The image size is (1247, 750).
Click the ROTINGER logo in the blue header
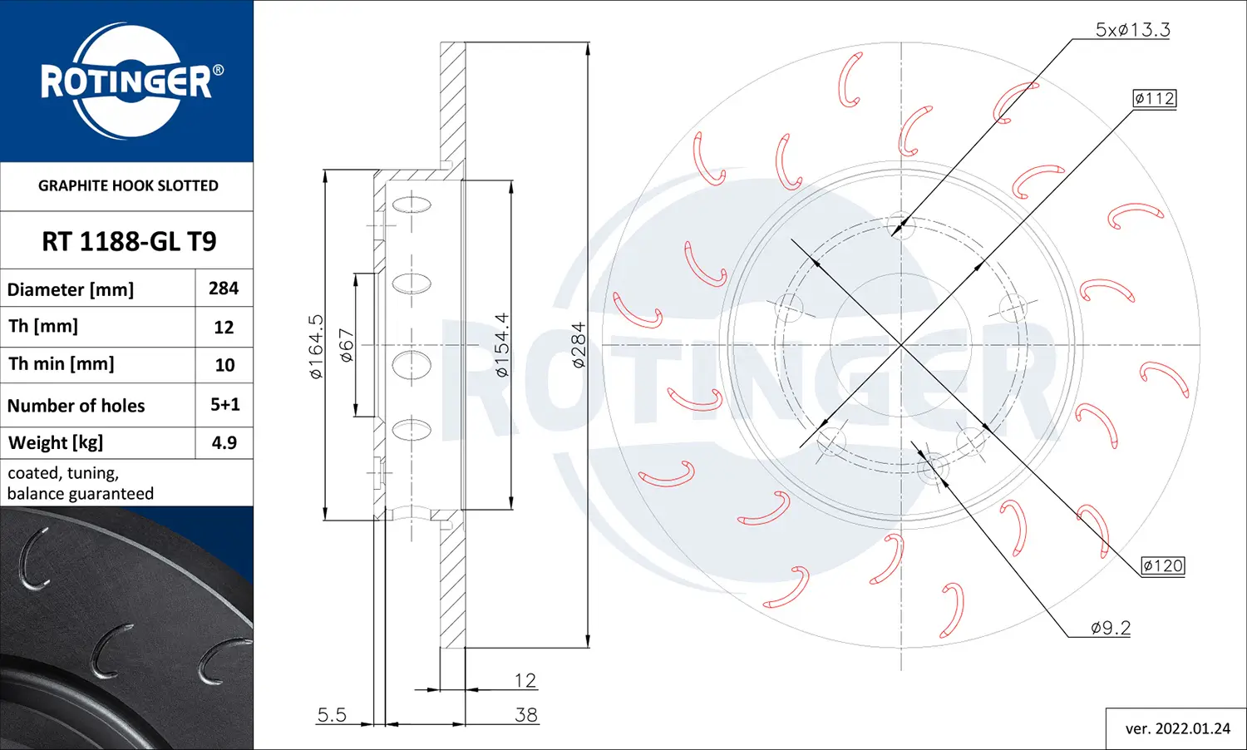tap(127, 81)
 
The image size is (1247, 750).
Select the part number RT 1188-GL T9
tap(129, 241)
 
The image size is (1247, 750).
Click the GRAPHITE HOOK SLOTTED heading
tap(128, 185)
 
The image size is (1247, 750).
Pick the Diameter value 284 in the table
tap(224, 289)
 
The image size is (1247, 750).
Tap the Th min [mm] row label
tap(62, 364)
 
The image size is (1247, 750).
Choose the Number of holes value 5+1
tap(224, 405)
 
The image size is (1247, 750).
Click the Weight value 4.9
tap(224, 442)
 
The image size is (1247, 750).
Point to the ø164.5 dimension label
tap(316, 346)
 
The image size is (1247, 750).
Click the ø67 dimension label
tap(347, 344)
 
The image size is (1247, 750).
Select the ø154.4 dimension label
tap(501, 345)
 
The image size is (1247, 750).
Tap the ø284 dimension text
tap(578, 345)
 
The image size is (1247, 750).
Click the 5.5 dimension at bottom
tap(332, 714)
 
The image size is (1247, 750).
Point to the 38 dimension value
tap(525, 714)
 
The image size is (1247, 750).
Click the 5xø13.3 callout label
tap(1132, 30)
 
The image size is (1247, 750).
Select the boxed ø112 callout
tap(1155, 98)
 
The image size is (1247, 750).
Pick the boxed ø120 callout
tap(1162, 565)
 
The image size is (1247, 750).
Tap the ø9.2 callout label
tap(1111, 628)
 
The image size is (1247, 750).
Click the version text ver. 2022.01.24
tap(1177, 728)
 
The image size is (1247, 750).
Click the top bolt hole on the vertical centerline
tap(901, 225)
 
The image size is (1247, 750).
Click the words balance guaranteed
tap(81, 494)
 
